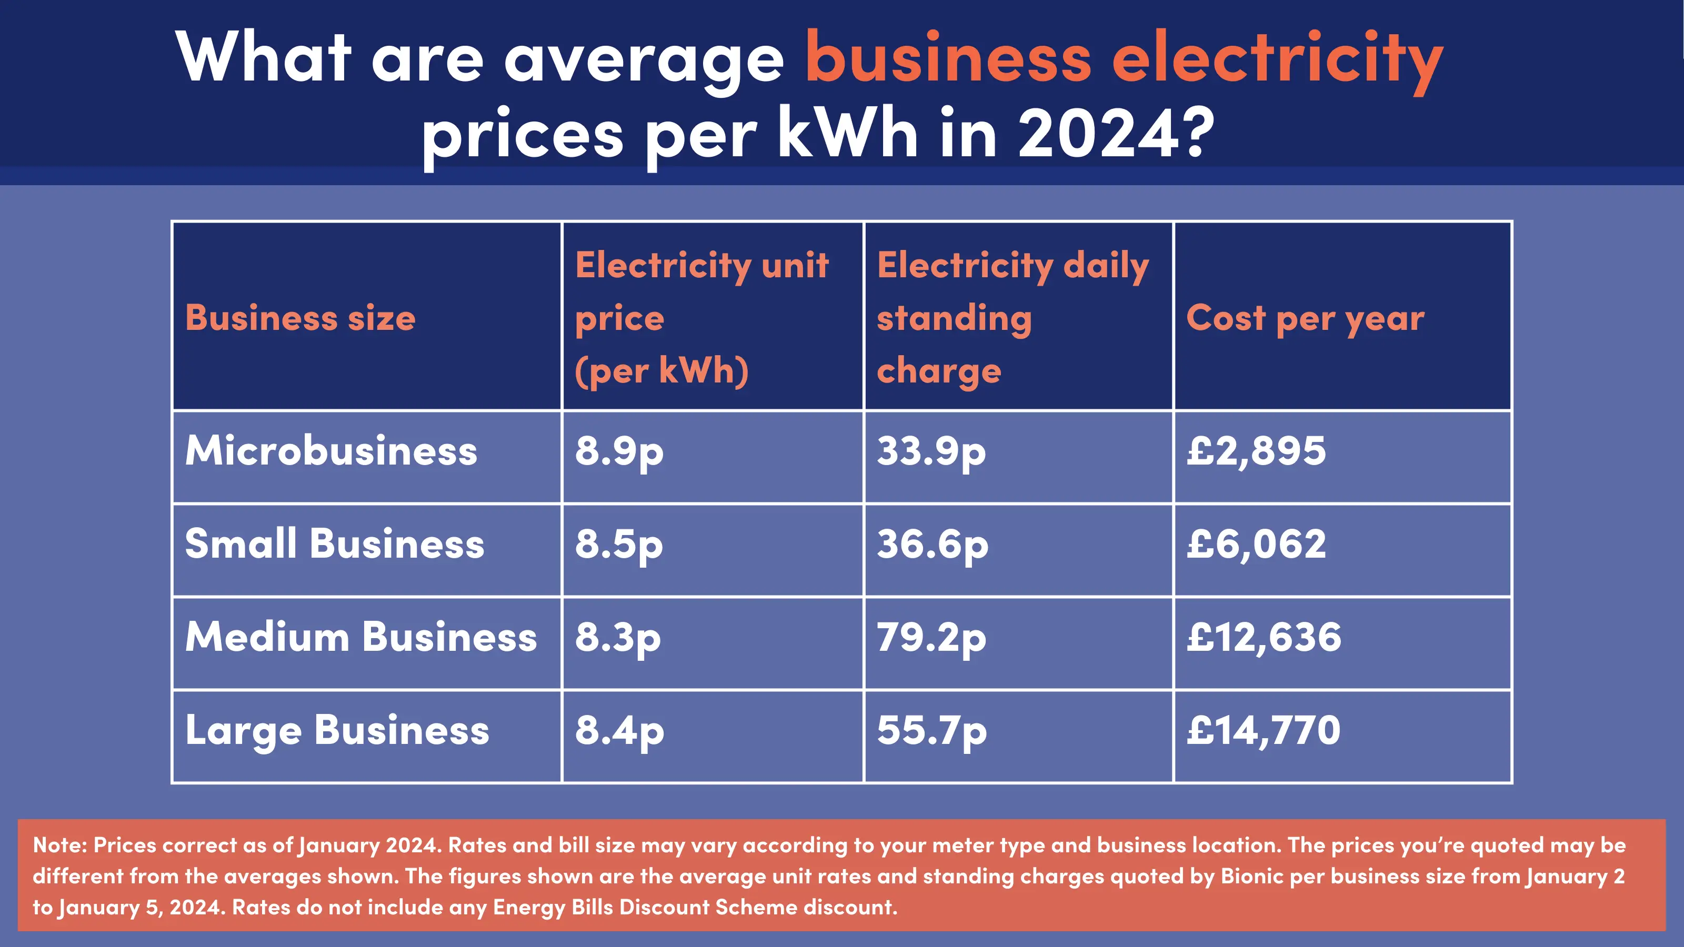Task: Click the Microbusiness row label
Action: pos(331,451)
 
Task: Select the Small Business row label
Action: pos(334,544)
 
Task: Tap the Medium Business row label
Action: pos(360,637)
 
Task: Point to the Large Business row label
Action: pos(337,731)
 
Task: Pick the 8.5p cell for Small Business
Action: pos(618,545)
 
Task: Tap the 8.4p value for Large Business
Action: pos(618,731)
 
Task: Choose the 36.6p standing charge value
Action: pos(931,545)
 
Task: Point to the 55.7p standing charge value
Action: pos(931,731)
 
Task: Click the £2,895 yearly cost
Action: pos(1256,451)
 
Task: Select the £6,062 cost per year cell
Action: pos(1256,545)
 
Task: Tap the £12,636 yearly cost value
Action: pos(1263,638)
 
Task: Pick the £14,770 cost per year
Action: pos(1263,731)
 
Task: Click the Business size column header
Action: pos(300,318)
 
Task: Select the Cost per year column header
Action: pos(1305,318)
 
